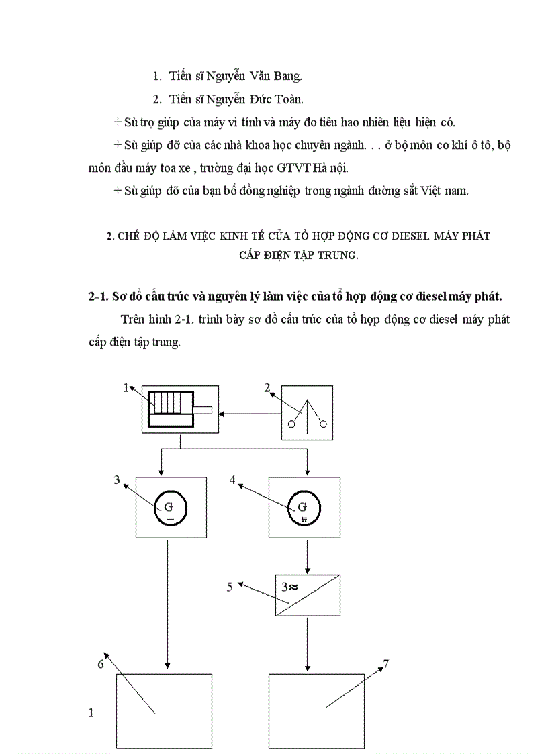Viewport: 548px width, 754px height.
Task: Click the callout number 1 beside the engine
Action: point(125,388)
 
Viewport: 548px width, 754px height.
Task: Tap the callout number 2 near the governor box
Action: point(267,387)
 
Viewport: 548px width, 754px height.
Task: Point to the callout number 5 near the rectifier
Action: point(230,586)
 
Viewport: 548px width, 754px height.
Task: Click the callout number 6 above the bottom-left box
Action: point(101,664)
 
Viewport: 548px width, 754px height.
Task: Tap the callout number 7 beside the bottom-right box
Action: point(385,665)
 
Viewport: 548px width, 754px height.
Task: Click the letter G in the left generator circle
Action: point(169,507)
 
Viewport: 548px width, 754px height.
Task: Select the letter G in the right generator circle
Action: point(303,507)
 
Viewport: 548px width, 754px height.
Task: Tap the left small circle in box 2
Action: point(291,424)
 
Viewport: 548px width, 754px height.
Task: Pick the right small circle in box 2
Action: point(324,424)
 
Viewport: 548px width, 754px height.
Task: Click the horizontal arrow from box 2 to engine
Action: point(248,413)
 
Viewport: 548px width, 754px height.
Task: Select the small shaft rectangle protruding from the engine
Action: point(203,410)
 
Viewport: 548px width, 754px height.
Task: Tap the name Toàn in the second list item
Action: point(289,99)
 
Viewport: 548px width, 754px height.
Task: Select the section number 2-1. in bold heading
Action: point(103,296)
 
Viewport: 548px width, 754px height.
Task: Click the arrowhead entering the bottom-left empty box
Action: point(167,669)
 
